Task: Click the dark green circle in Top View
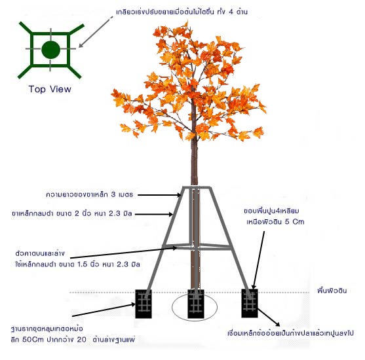50,49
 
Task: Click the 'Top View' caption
50,89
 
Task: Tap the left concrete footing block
144,304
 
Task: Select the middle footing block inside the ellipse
196,304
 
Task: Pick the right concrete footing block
250,303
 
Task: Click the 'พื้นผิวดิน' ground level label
332,291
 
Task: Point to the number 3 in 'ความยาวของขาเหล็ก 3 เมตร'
113,194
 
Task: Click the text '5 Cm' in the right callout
295,222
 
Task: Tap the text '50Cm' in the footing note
33,339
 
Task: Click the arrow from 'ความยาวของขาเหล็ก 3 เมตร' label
159,195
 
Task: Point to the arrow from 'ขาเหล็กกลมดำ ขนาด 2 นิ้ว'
154,214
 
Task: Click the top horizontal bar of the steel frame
197,187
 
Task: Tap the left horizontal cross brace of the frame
176,245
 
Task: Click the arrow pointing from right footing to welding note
269,317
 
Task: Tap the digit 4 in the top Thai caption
231,12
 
